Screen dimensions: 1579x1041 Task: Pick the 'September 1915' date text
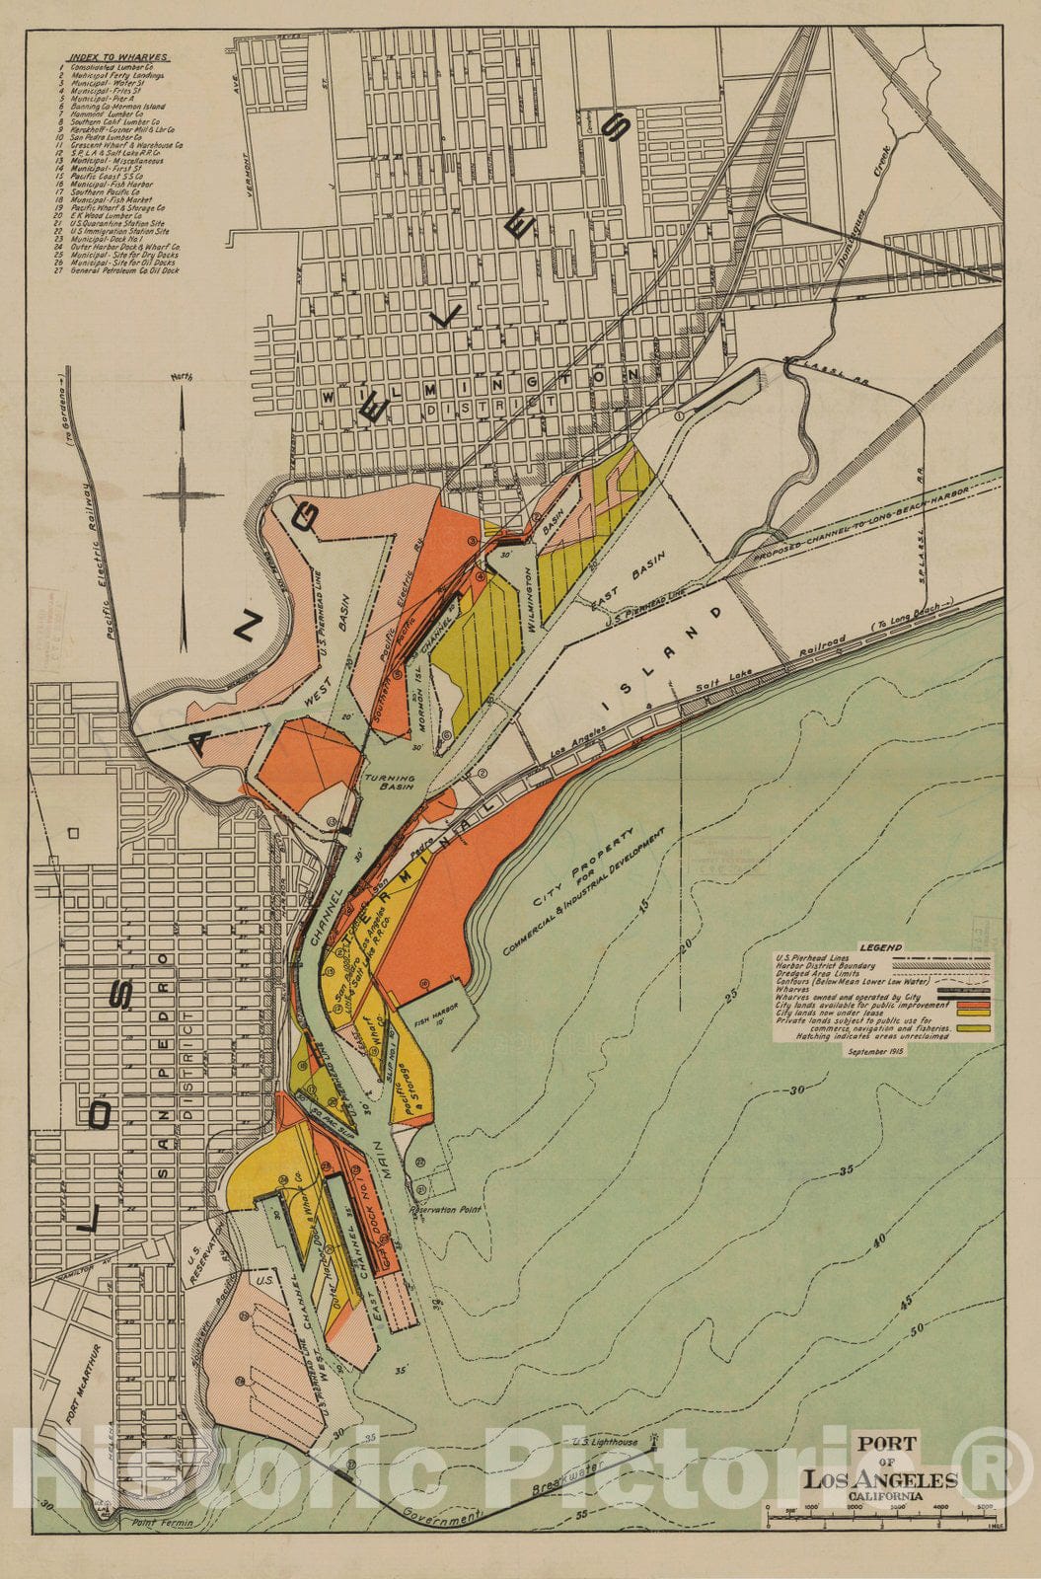tap(875, 1052)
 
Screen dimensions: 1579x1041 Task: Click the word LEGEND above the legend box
tap(880, 947)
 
